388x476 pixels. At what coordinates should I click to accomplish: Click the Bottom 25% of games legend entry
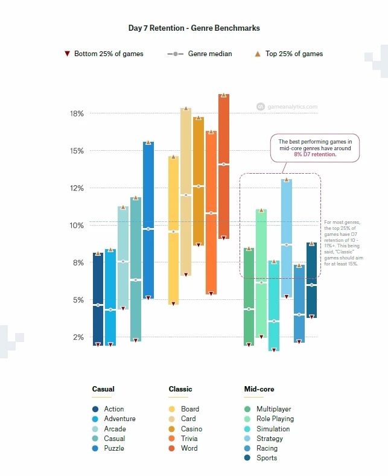tap(104, 54)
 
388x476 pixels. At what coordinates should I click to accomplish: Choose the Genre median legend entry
tap(200, 54)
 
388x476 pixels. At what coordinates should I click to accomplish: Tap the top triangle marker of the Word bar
tap(223, 95)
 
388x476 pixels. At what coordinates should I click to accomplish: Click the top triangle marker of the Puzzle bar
tap(148, 142)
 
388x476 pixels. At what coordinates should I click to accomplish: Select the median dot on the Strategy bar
tap(287, 244)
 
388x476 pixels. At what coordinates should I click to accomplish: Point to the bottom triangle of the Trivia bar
tap(211, 293)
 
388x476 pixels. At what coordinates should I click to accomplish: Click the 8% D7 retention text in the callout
tap(314, 154)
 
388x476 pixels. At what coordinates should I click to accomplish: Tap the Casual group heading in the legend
tap(103, 389)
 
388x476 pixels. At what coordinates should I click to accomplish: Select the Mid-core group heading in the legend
tap(259, 389)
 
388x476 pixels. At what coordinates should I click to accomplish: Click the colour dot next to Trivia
tap(171, 439)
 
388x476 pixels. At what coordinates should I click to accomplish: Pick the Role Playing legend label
tap(275, 419)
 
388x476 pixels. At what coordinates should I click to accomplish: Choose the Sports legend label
tap(267, 458)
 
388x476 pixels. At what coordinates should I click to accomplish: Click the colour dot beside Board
tap(171, 409)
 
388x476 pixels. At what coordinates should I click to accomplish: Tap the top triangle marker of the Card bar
tap(186, 109)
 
